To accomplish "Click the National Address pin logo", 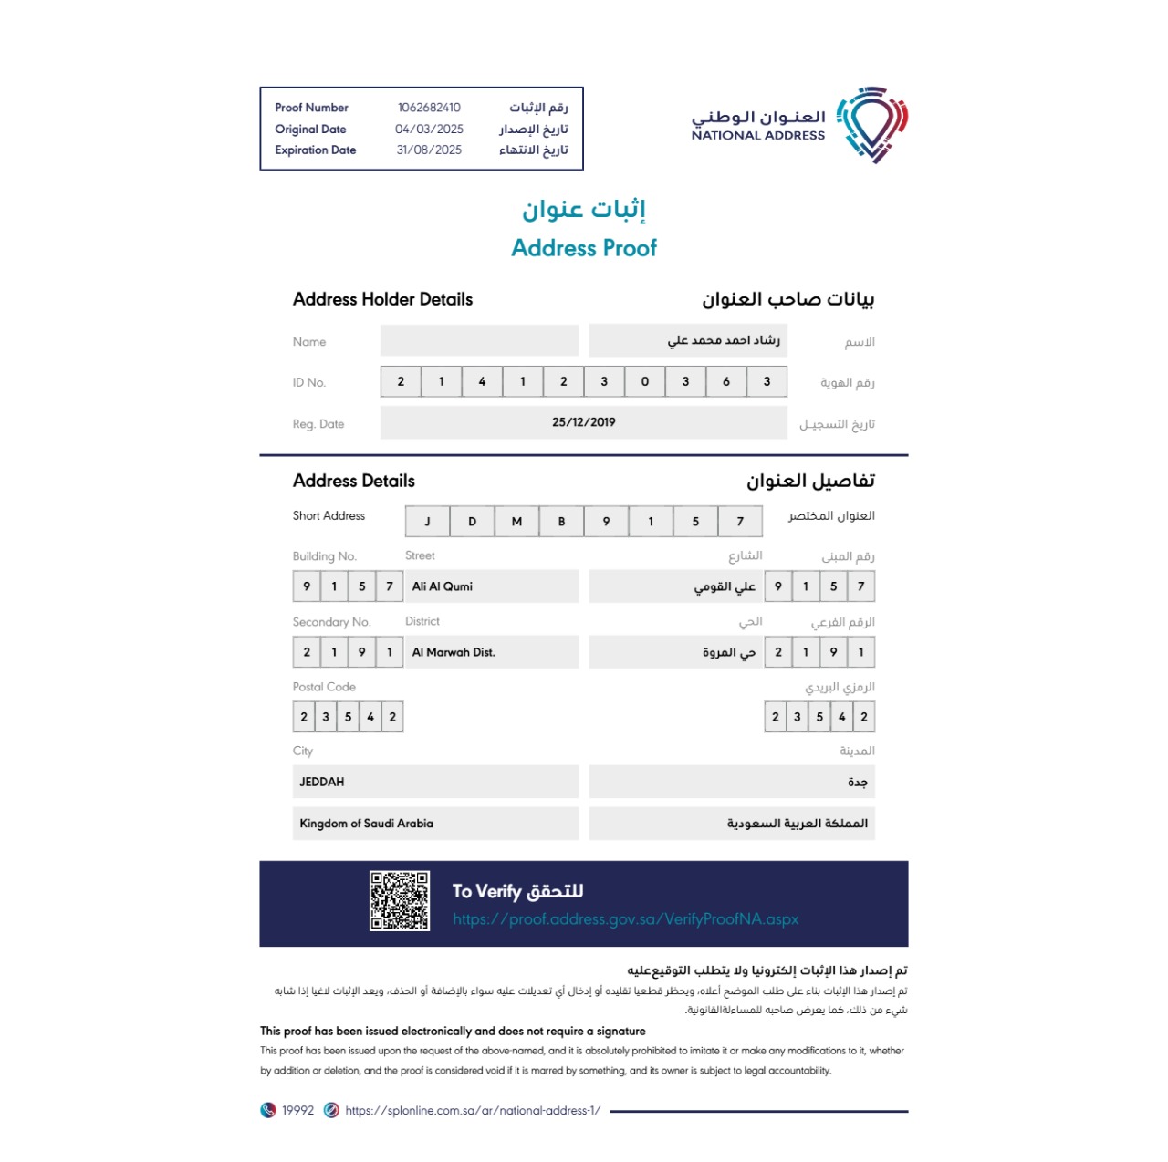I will [872, 124].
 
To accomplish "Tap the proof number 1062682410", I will [429, 108].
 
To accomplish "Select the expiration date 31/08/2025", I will [429, 150].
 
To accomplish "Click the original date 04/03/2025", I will [429, 129].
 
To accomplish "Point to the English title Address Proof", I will [584, 248].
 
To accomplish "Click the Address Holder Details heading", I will [382, 299].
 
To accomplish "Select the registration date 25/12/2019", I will [584, 422].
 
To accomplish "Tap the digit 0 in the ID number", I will [645, 382].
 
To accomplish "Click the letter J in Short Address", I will [427, 522].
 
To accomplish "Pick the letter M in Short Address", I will [516, 522].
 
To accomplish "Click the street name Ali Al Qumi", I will [443, 586].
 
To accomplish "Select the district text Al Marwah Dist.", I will [454, 652].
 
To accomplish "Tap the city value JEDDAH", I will [322, 782].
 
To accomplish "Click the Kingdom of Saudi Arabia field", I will [367, 824].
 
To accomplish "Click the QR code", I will [400, 901].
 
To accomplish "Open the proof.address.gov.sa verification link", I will [625, 919].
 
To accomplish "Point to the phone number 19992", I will [297, 1110].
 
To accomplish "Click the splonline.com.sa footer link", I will [473, 1110].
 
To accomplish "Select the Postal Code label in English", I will [324, 687].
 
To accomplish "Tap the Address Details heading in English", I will [354, 481].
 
